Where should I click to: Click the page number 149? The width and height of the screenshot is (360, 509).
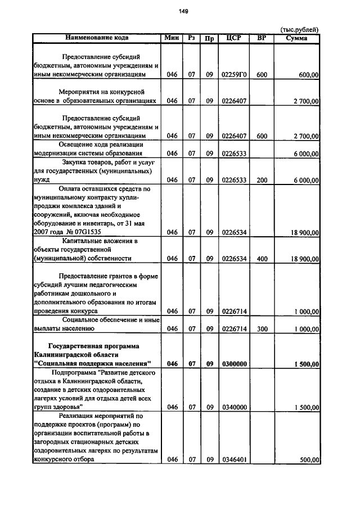[x=183, y=11]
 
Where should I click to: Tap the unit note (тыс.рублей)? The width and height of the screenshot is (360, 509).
[x=299, y=30]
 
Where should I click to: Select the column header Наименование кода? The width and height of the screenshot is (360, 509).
[x=97, y=38]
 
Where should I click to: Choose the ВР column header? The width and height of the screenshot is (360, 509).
[x=262, y=38]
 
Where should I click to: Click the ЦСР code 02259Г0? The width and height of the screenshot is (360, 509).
[x=233, y=74]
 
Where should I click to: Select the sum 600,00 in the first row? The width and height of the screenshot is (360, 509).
[x=309, y=74]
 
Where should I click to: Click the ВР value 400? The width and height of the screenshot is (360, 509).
[x=262, y=259]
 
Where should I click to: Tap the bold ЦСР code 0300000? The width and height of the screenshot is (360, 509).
[x=233, y=364]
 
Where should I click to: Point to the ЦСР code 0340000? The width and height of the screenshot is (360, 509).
[x=233, y=408]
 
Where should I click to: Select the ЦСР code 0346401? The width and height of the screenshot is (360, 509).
[x=233, y=460]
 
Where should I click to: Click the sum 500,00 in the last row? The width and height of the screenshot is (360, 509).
[x=309, y=460]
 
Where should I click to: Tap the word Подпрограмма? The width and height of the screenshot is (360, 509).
[x=73, y=372]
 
